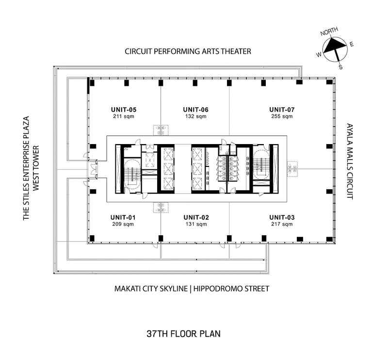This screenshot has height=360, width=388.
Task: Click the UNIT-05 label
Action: [124, 110]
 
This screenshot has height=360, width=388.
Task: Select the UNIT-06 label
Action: [196, 110]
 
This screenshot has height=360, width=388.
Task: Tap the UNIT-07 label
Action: [282, 110]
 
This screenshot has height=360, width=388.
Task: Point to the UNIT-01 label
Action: [123, 217]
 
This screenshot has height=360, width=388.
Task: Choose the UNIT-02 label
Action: [196, 217]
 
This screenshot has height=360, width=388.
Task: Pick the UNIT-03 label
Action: [282, 217]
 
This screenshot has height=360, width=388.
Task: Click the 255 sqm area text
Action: [282, 116]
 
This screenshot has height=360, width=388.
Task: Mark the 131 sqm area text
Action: [196, 224]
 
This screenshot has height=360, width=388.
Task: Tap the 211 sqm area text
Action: [124, 116]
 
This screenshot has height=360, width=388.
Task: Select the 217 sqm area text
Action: [282, 224]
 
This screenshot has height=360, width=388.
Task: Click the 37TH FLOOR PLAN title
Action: [184, 334]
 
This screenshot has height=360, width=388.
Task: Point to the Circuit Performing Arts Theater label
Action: [188, 51]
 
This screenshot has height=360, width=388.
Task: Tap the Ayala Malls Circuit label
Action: [350, 161]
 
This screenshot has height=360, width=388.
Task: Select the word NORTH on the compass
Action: [329, 32]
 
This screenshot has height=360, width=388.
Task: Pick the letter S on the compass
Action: [341, 67]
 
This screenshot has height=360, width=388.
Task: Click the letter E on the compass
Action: [352, 44]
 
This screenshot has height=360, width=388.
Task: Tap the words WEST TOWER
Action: [36, 168]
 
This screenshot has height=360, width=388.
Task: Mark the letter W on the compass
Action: [319, 54]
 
